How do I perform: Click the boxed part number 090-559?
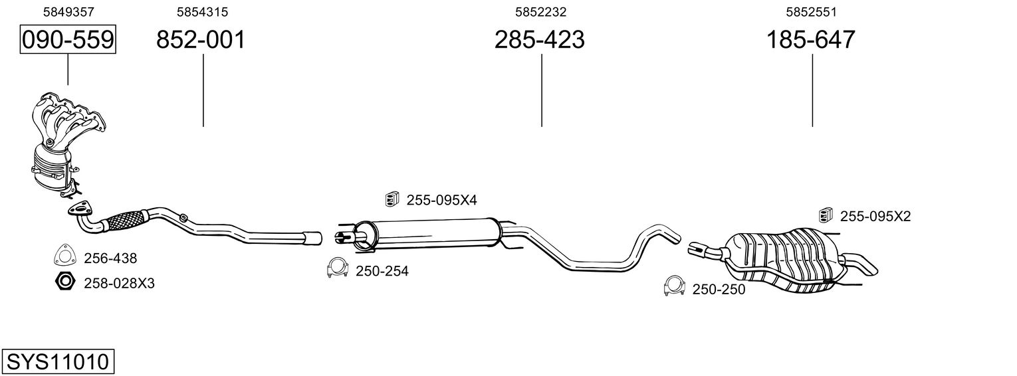68,39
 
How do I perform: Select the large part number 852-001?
201,39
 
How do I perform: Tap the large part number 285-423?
539,39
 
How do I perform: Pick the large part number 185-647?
811,39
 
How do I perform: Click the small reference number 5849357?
68,12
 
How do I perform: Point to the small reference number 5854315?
203,12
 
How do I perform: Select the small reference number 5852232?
540,12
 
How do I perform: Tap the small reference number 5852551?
812,12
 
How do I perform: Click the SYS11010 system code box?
58,361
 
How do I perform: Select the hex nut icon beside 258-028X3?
65,282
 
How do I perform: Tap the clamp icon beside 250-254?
337,268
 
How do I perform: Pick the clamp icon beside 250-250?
674,286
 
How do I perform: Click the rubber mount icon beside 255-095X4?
392,199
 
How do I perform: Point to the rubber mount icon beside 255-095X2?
826,215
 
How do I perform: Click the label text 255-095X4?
442,200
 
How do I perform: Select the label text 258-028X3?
120,284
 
